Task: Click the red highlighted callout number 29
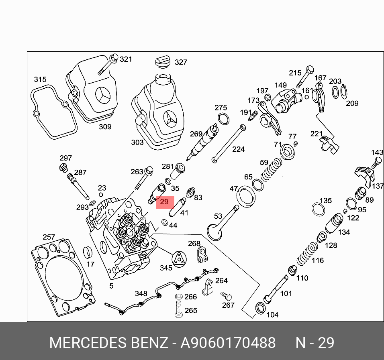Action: point(164,202)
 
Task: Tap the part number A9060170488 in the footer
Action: point(228,343)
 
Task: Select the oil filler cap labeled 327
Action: point(161,63)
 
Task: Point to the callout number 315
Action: point(40,79)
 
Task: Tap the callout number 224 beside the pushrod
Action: point(238,149)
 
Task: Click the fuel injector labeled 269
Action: point(205,141)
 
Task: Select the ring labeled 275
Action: point(223,119)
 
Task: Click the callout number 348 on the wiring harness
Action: point(141,294)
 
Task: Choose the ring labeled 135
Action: point(319,209)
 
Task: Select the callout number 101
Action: point(286,293)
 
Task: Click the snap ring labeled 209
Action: point(344,92)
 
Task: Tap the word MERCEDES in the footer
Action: point(88,343)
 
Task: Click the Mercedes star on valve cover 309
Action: point(103,96)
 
